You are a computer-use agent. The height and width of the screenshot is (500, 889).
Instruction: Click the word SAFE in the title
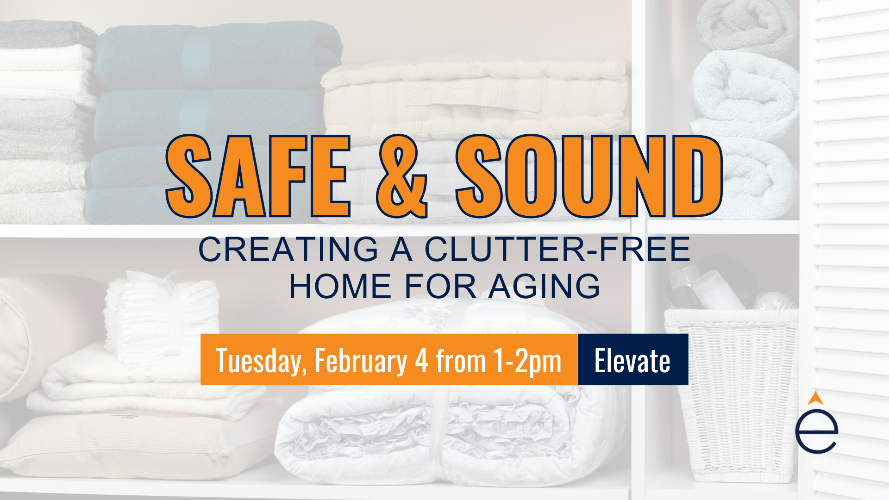tap(258, 176)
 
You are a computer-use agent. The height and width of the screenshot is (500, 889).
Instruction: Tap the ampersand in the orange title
tap(402, 176)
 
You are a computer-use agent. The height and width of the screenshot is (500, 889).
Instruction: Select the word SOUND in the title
tap(589, 176)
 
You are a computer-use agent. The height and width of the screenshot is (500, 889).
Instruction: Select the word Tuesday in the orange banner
tap(260, 362)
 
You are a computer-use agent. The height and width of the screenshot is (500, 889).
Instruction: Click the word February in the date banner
tap(361, 362)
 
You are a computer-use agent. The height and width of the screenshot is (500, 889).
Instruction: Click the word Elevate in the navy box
tap(632, 361)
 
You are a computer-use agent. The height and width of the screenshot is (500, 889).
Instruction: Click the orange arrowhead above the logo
tap(816, 398)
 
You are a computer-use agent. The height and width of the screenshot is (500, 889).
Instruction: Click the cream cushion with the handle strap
tap(475, 100)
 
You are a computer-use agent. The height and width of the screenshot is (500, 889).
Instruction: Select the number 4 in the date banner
tap(422, 361)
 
